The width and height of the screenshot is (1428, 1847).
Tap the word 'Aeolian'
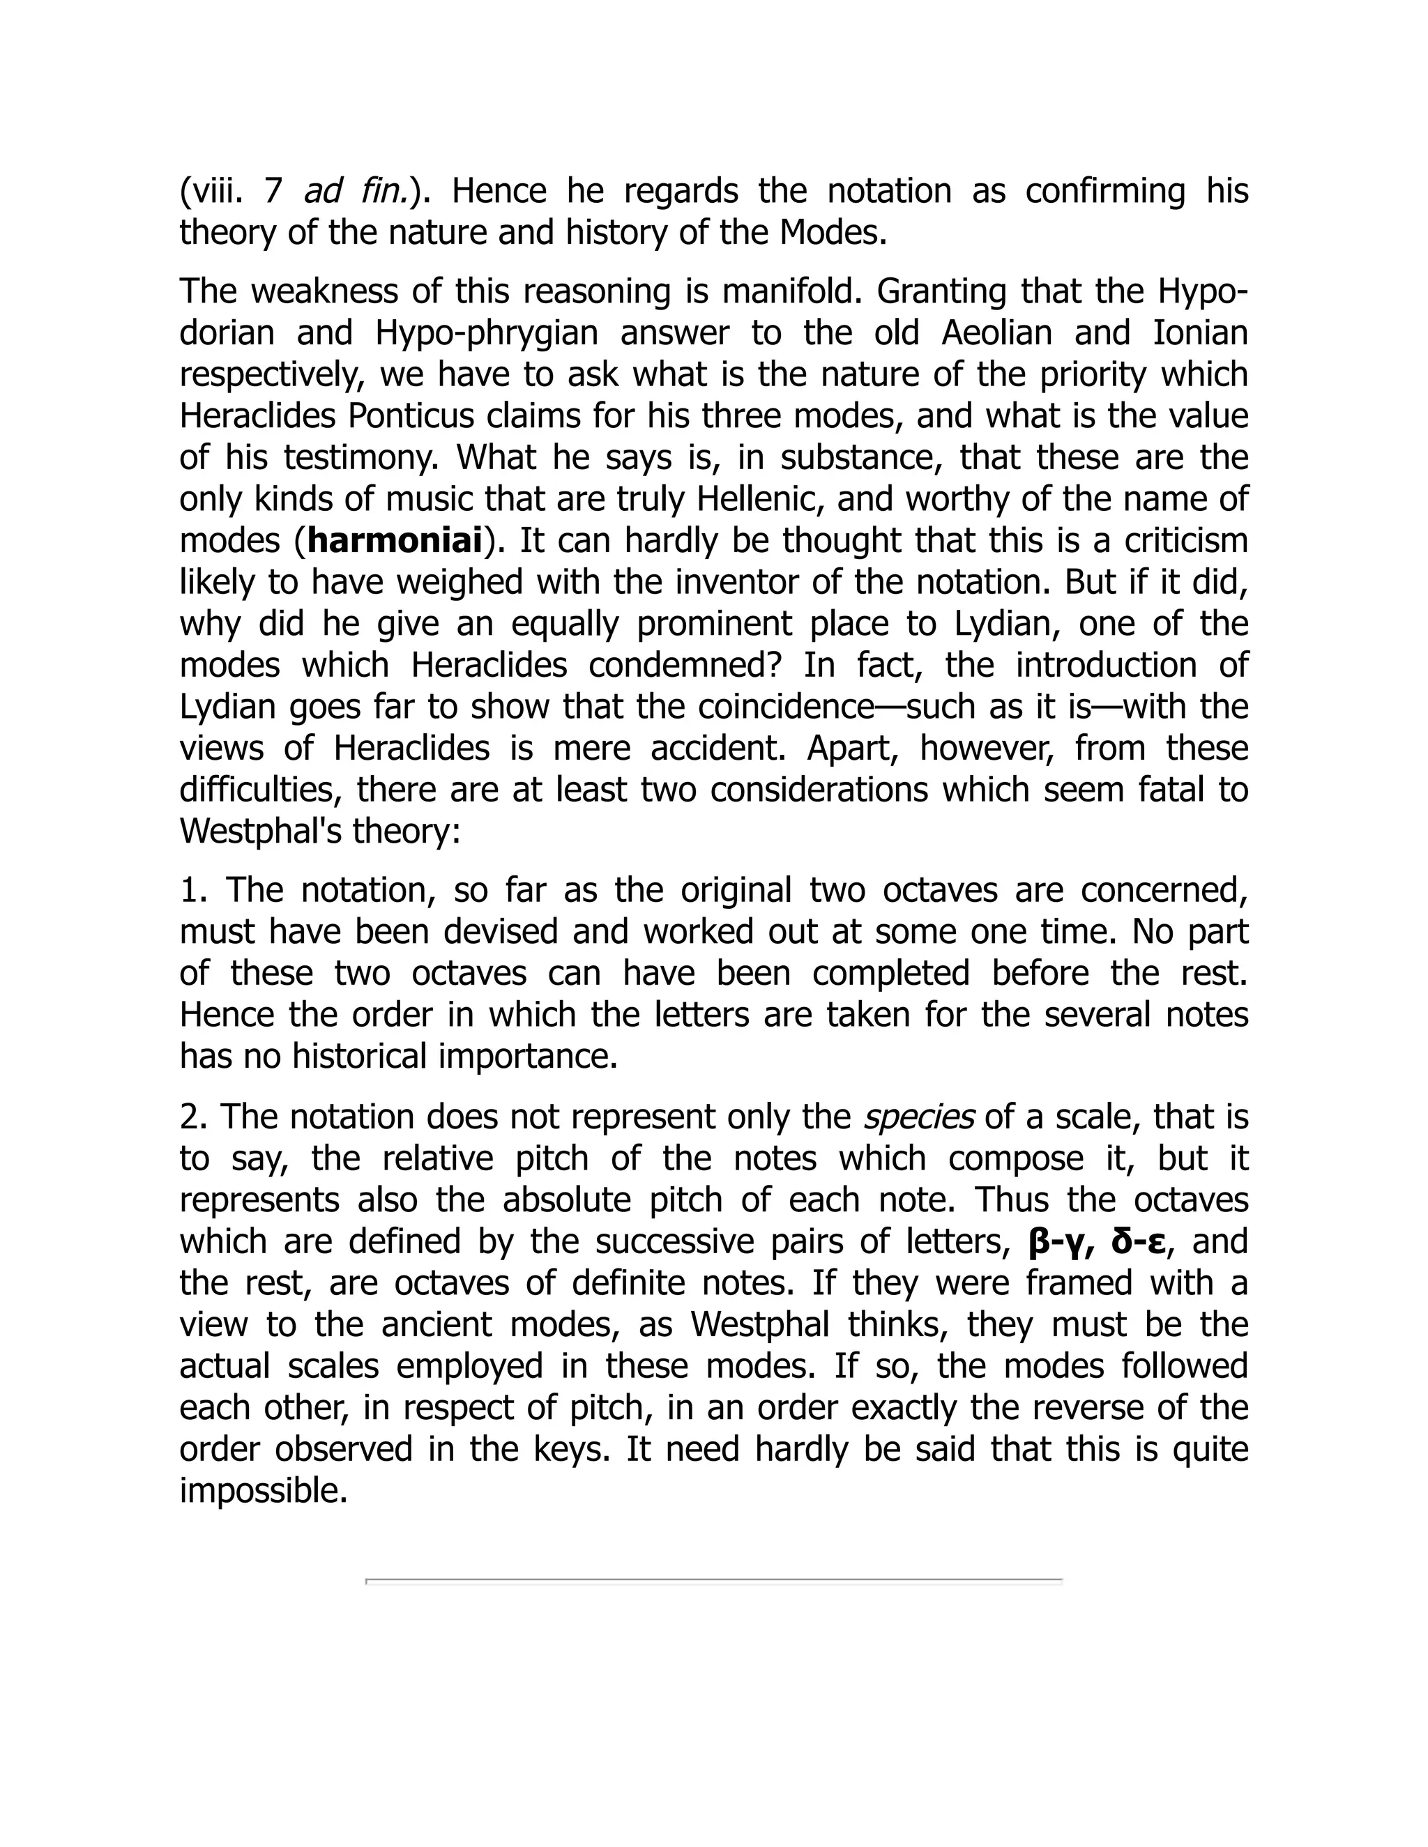(x=996, y=332)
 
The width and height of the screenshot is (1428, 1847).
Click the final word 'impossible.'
(x=264, y=1490)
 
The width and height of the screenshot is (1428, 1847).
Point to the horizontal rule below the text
(x=713, y=1579)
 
